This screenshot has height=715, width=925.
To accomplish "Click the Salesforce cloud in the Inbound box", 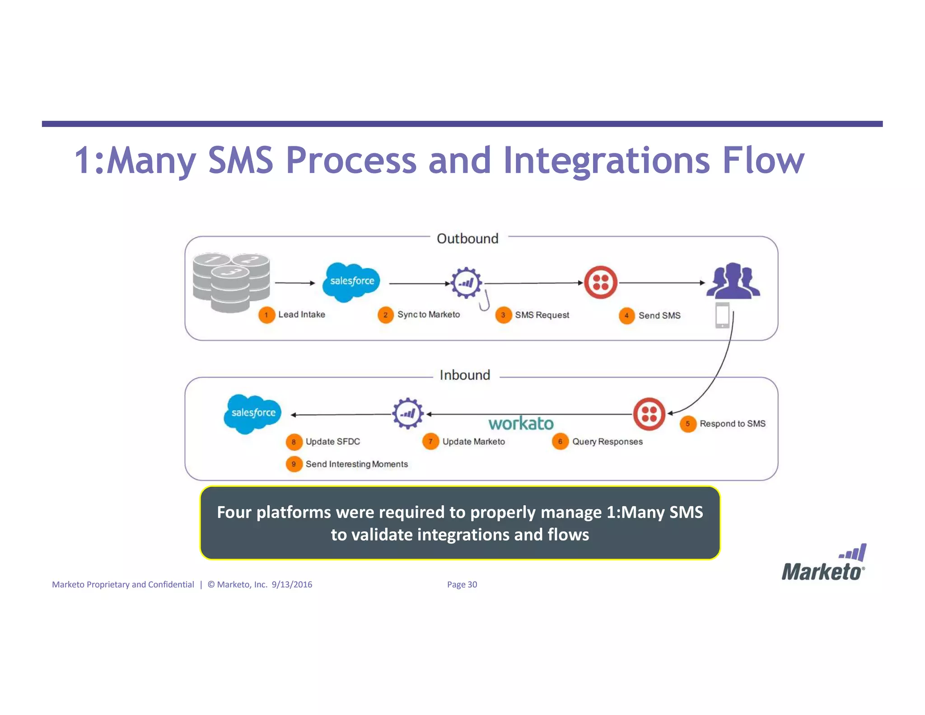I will click(252, 414).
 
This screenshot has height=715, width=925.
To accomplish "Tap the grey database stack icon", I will click(231, 282).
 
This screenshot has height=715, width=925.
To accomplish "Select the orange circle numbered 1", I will click(266, 315).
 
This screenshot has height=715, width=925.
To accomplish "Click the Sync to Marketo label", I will click(428, 315).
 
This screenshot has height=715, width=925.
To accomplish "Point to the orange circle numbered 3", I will click(503, 315).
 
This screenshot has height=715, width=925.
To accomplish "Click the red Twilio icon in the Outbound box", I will click(601, 282).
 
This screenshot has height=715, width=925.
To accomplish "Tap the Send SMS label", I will click(659, 315).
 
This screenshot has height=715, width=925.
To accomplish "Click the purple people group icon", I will click(733, 281).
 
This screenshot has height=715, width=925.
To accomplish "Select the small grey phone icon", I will click(722, 315).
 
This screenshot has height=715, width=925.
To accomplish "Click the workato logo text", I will click(521, 423).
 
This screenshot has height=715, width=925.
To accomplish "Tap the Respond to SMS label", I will click(732, 423).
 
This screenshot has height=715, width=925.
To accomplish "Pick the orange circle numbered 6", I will click(560, 442).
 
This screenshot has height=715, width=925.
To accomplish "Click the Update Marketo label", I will click(473, 442).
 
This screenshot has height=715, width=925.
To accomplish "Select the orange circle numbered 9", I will click(294, 464).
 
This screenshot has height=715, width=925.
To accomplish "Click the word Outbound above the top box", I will click(467, 239).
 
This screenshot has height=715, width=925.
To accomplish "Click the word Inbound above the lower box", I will click(465, 375).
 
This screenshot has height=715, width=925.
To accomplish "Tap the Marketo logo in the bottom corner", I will click(824, 564).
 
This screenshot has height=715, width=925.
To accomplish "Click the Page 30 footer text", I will click(462, 584).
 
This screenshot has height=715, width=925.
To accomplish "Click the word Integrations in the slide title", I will click(606, 161).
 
